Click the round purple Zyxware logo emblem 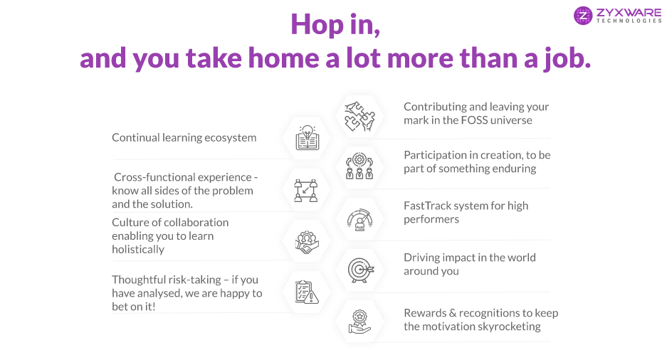583,16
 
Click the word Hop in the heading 317,26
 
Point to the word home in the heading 283,58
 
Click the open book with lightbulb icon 307,138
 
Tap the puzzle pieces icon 360,116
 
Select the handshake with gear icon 306,243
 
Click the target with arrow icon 360,270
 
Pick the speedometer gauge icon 360,219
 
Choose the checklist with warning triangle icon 307,292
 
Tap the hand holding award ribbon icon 360,322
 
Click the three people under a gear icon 359,166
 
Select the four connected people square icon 306,191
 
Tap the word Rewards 424,313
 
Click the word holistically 138,250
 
